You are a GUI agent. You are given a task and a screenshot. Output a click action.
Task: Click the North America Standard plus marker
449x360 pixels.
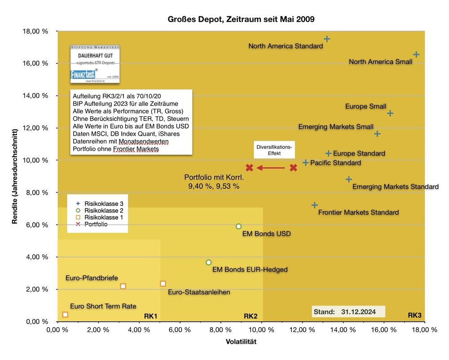327,39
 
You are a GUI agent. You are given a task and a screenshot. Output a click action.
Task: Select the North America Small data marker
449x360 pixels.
416,54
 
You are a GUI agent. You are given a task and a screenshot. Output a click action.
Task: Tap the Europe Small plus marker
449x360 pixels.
390,113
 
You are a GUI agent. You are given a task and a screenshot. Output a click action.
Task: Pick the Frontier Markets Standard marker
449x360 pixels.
315,205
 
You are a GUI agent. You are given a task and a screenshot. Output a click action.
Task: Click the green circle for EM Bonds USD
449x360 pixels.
238,227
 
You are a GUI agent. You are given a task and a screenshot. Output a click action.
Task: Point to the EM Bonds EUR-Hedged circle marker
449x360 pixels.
208,262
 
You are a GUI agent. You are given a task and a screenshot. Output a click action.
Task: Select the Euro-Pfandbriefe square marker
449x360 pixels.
123,286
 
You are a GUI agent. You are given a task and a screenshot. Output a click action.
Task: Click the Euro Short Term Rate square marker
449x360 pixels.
65,315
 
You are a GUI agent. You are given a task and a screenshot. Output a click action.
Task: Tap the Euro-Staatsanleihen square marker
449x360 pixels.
163,284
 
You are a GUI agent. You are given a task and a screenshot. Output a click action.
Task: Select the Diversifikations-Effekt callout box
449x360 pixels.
274,151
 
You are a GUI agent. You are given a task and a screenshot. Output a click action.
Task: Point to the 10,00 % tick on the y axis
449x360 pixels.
37,160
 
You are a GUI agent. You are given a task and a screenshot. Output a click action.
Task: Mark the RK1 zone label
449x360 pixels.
150,316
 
